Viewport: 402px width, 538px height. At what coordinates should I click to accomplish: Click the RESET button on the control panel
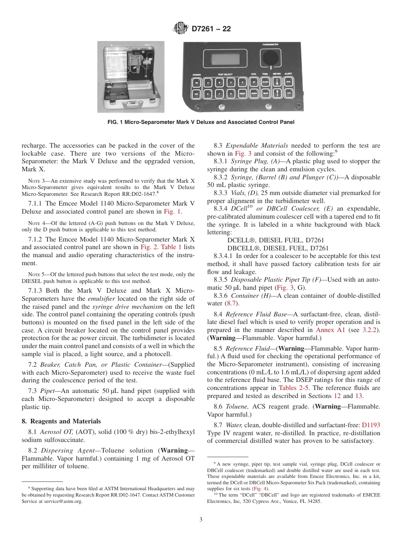[x=243, y=93]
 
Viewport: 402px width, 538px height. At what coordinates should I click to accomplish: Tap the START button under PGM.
[x=266, y=81]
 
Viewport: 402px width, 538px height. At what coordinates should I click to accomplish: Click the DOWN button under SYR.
[x=254, y=93]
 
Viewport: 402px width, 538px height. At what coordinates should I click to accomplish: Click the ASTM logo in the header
[x=181, y=29]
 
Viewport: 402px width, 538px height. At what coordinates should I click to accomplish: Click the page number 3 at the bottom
[x=201, y=520]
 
